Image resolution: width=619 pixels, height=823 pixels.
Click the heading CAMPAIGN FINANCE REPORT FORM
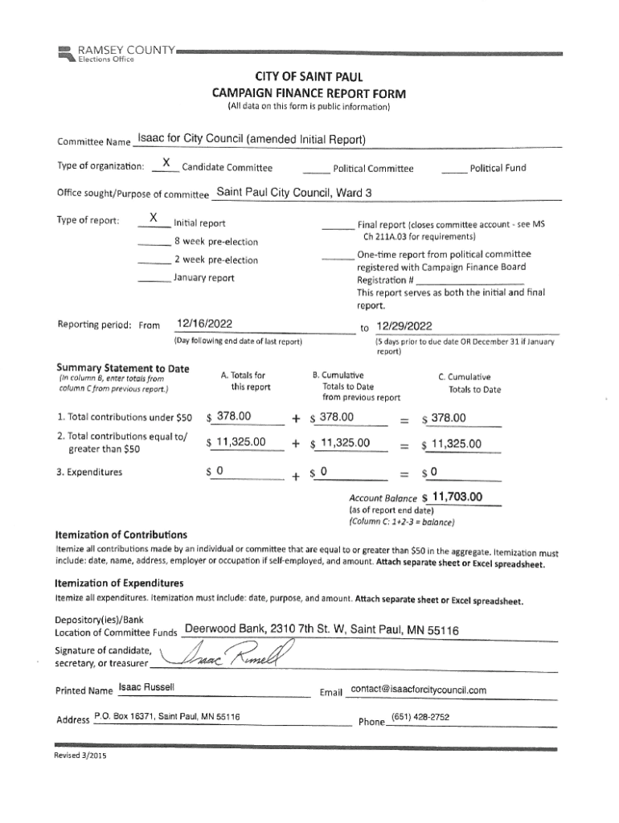coord(309,93)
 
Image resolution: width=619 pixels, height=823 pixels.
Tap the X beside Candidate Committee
coord(166,164)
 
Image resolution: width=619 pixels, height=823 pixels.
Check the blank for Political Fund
coord(454,169)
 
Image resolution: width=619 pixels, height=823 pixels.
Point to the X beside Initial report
coord(154,219)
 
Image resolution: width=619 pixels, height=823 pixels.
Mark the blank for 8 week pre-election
coord(154,242)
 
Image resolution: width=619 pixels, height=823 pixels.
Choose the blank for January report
coord(154,278)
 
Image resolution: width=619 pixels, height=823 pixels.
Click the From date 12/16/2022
coord(205,324)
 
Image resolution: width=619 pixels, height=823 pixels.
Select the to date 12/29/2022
coord(404,326)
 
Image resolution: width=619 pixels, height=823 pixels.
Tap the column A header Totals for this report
coord(242,381)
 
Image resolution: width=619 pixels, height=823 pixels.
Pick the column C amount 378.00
coord(455,417)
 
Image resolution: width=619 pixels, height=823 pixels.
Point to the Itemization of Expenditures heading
coord(119,583)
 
